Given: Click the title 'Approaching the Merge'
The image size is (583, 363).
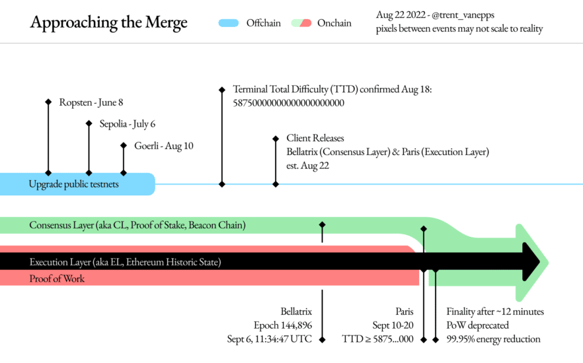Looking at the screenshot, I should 109,22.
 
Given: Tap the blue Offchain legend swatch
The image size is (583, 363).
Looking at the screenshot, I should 228,23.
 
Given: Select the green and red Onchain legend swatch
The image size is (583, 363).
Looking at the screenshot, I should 301,23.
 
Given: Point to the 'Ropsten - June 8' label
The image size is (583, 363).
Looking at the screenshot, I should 91,102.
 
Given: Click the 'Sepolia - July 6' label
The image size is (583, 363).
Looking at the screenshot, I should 128,123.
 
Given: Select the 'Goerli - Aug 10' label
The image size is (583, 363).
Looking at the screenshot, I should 164,146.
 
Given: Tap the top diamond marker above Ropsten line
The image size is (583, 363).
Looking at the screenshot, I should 48,102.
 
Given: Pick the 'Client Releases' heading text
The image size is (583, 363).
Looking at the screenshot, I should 315,139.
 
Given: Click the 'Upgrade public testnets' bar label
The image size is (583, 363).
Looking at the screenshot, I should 73,184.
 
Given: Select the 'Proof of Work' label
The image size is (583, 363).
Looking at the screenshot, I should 57,279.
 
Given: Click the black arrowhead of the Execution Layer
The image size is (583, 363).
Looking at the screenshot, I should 531,262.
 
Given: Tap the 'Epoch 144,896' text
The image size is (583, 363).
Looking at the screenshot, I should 283,325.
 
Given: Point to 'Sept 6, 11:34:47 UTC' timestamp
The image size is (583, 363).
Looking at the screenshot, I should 269,339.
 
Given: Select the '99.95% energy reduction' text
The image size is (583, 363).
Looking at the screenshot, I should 493,339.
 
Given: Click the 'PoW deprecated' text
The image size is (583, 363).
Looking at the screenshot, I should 478,325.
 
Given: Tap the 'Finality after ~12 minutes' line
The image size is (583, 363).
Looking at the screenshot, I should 495,312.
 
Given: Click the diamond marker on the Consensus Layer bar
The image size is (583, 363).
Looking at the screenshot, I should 322,225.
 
